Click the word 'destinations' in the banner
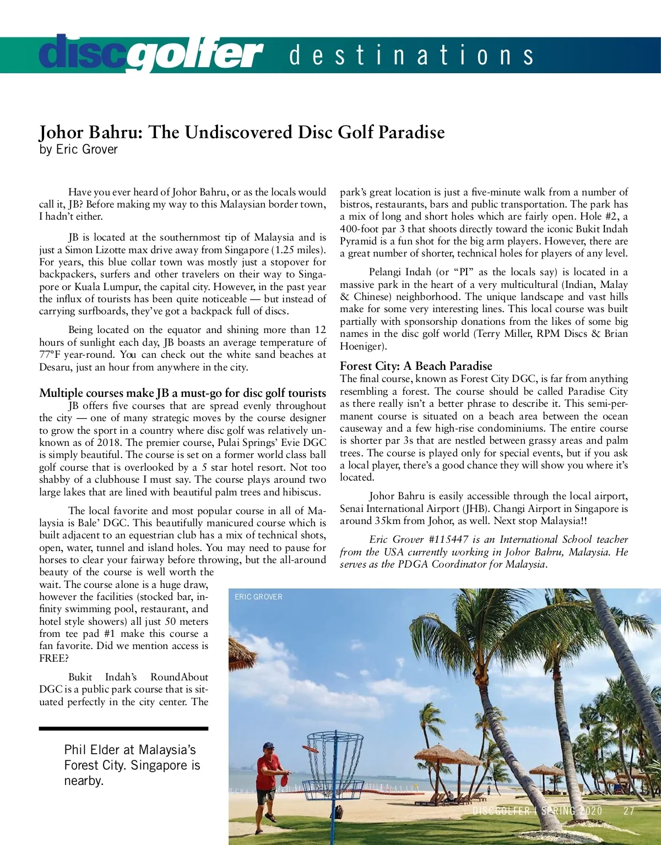point(411,56)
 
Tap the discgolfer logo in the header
point(150,54)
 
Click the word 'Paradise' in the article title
point(410,132)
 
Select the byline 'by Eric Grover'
point(78,149)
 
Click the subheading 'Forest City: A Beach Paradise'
point(416,366)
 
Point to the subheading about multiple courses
point(182,392)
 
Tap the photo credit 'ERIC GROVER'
point(258,597)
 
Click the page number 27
point(629,811)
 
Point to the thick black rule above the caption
point(123,728)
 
